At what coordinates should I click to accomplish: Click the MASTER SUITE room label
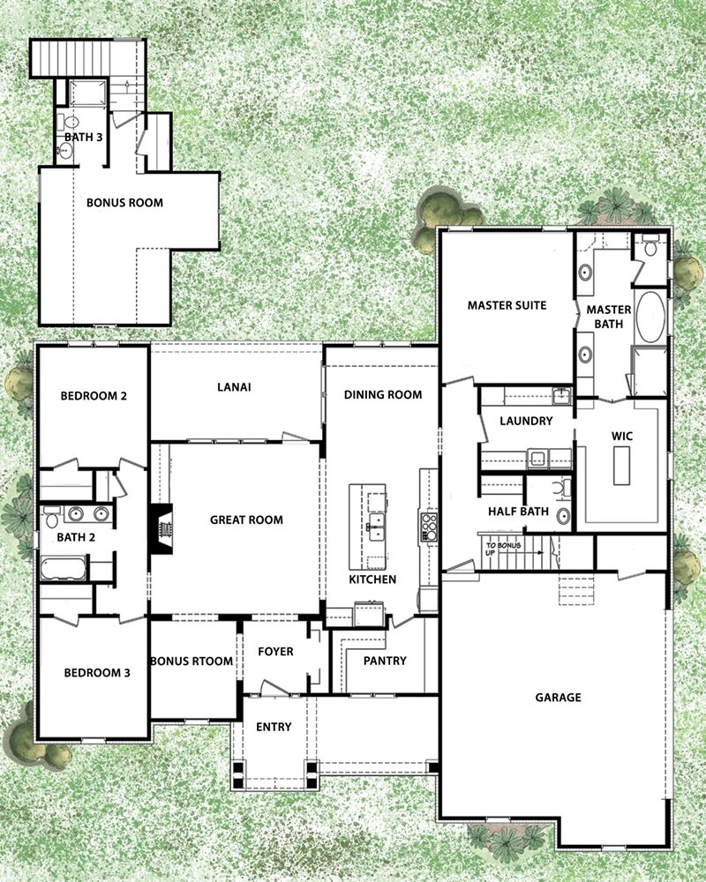(x=507, y=305)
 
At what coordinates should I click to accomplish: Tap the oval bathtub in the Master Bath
(x=650, y=317)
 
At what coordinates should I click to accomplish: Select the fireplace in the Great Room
(x=161, y=529)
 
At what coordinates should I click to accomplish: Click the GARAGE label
(x=558, y=698)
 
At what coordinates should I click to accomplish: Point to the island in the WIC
(x=621, y=465)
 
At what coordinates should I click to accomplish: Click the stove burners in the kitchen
(x=429, y=527)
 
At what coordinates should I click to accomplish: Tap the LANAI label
(x=234, y=387)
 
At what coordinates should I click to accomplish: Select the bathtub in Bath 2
(x=63, y=568)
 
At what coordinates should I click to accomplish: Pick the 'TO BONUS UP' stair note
(x=503, y=549)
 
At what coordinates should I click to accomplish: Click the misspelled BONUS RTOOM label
(x=192, y=661)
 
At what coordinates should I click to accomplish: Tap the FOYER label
(x=275, y=652)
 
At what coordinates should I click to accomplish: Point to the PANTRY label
(x=385, y=661)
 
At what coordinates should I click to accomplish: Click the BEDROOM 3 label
(x=97, y=673)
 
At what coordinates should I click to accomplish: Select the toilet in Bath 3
(x=70, y=122)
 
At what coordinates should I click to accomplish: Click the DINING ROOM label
(x=383, y=395)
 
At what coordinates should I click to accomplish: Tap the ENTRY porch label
(x=274, y=728)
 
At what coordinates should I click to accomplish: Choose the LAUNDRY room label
(x=526, y=421)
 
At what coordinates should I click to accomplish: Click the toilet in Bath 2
(x=51, y=517)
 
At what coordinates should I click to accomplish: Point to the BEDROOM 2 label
(x=94, y=396)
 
